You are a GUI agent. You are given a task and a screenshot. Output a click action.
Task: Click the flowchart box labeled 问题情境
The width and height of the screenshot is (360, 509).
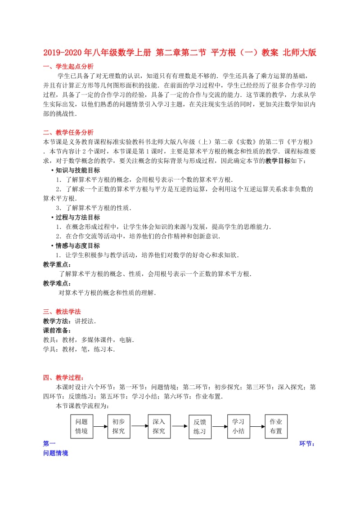[x=81, y=426]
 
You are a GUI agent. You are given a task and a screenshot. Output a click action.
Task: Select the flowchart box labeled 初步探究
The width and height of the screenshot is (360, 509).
[x=119, y=426]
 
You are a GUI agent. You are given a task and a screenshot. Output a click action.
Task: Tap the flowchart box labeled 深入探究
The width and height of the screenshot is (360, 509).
[x=159, y=426]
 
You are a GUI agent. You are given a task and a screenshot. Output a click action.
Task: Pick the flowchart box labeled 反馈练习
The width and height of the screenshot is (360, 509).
[x=199, y=427]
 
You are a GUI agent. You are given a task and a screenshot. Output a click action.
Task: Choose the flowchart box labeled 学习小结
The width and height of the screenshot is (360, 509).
[x=238, y=426]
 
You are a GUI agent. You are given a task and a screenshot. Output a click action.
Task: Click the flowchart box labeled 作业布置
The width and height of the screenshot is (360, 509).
[x=276, y=426]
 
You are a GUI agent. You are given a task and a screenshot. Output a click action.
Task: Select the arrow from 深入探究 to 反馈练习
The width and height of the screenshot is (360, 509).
[x=179, y=426]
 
